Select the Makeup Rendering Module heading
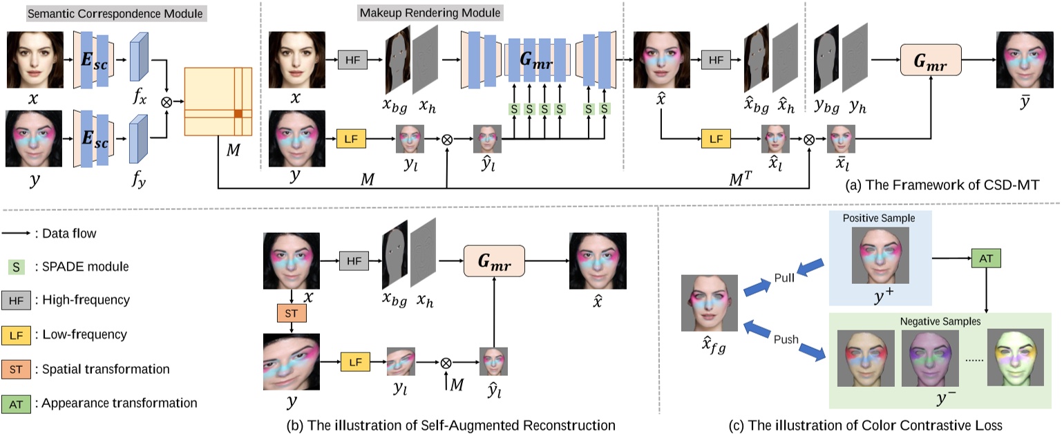(430, 13)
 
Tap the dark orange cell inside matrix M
(237, 113)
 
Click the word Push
(785, 339)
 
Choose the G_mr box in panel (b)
(494, 263)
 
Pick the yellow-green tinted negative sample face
(1014, 358)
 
